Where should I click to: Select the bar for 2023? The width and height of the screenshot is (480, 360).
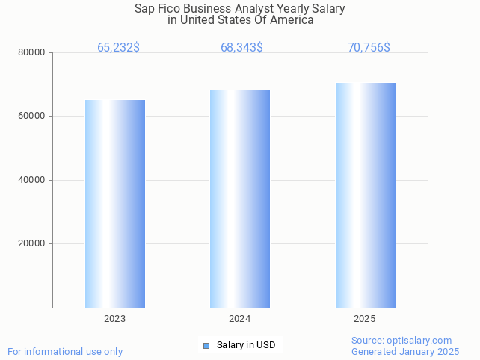coord(114,203)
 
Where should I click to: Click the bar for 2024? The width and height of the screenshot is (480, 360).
coord(240,199)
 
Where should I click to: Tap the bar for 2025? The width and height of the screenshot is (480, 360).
coord(365,195)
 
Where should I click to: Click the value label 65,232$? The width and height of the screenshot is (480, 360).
coord(118,48)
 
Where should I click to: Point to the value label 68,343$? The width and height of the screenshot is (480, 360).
coord(241,48)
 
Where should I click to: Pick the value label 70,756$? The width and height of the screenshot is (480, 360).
coord(369,48)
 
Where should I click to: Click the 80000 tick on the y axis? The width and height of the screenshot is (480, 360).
coord(33,53)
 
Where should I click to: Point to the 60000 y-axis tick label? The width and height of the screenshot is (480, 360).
coord(33,117)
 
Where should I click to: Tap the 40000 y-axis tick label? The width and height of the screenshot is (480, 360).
coord(33,180)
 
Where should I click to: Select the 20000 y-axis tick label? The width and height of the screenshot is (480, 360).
coord(33,243)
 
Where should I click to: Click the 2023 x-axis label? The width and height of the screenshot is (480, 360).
coord(114,319)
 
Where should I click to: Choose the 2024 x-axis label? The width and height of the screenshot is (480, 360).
coord(239,319)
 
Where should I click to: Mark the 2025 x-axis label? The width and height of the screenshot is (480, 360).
coord(365,319)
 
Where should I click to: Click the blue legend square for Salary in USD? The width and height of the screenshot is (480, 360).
coord(206,345)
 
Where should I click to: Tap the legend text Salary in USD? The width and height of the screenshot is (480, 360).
coord(246,345)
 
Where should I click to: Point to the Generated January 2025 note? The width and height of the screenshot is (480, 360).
coord(405,351)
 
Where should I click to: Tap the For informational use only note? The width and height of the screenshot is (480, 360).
coord(65,351)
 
